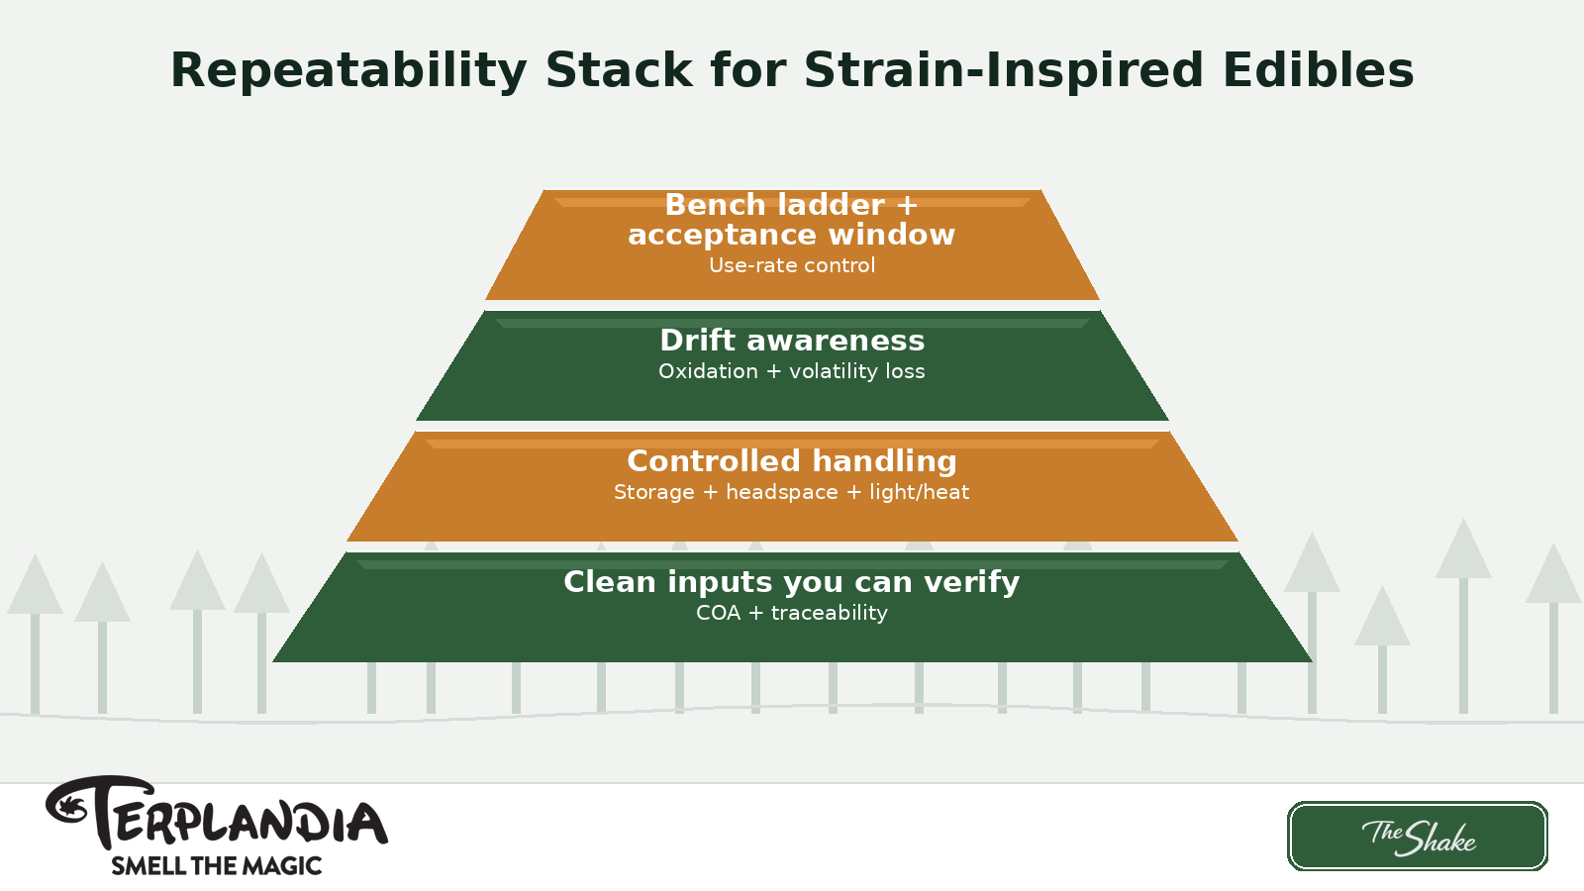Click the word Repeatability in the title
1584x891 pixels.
(347, 71)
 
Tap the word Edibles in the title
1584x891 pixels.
(1318, 71)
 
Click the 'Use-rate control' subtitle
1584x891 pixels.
(792, 265)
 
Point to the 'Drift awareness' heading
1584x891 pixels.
(792, 341)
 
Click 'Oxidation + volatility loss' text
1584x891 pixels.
(792, 371)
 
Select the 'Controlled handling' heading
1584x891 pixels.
(792, 461)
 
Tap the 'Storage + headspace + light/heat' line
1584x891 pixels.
(792, 492)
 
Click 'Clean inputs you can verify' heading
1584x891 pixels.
(792, 582)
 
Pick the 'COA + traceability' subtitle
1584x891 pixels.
(792, 613)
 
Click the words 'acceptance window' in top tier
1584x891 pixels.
(792, 235)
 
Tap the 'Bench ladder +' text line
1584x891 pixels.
(792, 205)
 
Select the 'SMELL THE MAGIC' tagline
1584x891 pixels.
(216, 866)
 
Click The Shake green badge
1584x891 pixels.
(1417, 837)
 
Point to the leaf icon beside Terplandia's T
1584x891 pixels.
(69, 805)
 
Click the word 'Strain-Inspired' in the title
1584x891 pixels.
(1003, 71)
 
